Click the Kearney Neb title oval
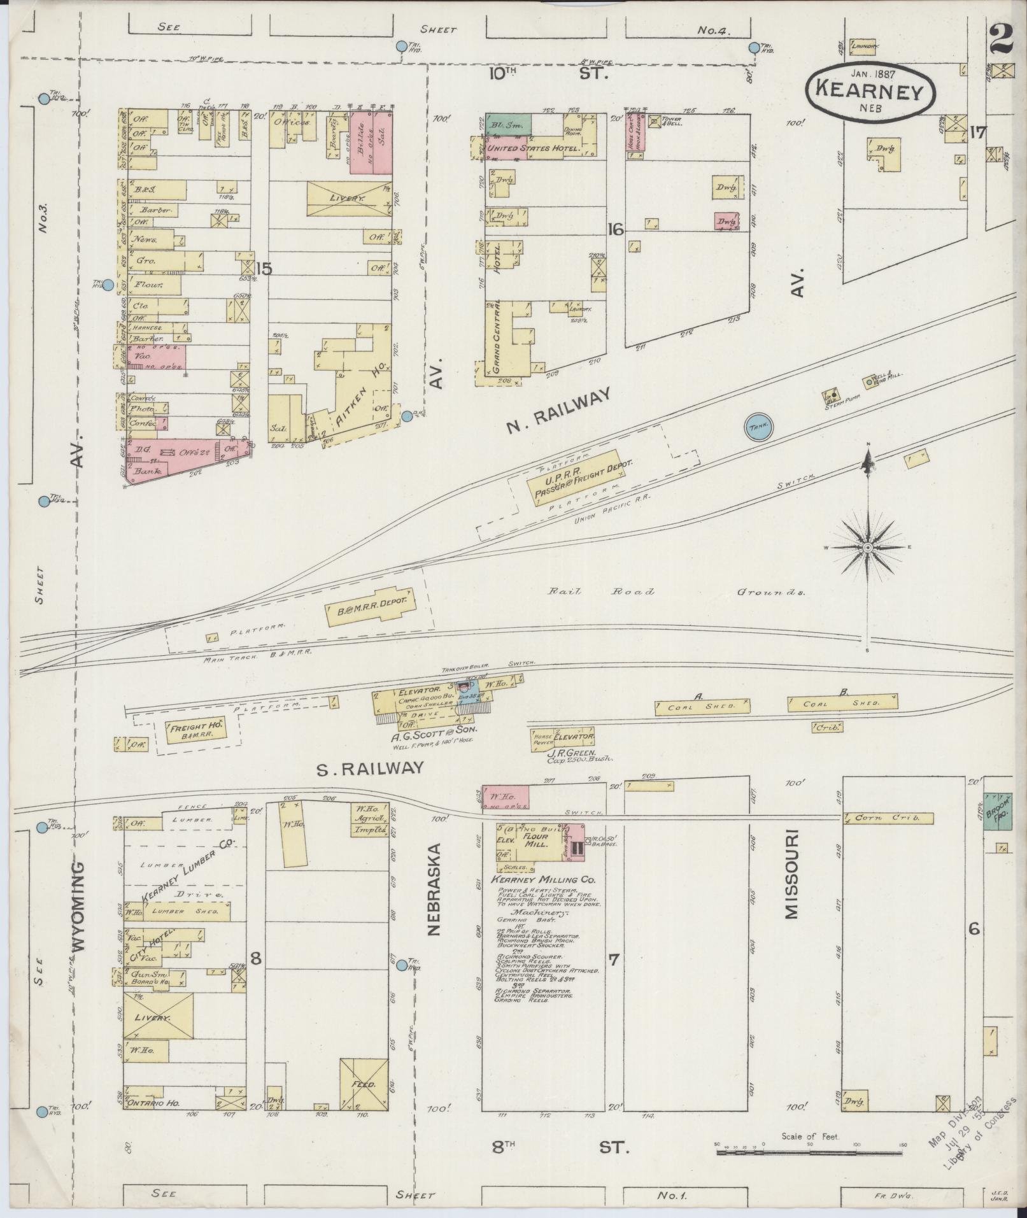(x=870, y=91)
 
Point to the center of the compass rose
(x=867, y=548)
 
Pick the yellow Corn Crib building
(x=888, y=818)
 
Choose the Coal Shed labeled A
(x=702, y=705)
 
